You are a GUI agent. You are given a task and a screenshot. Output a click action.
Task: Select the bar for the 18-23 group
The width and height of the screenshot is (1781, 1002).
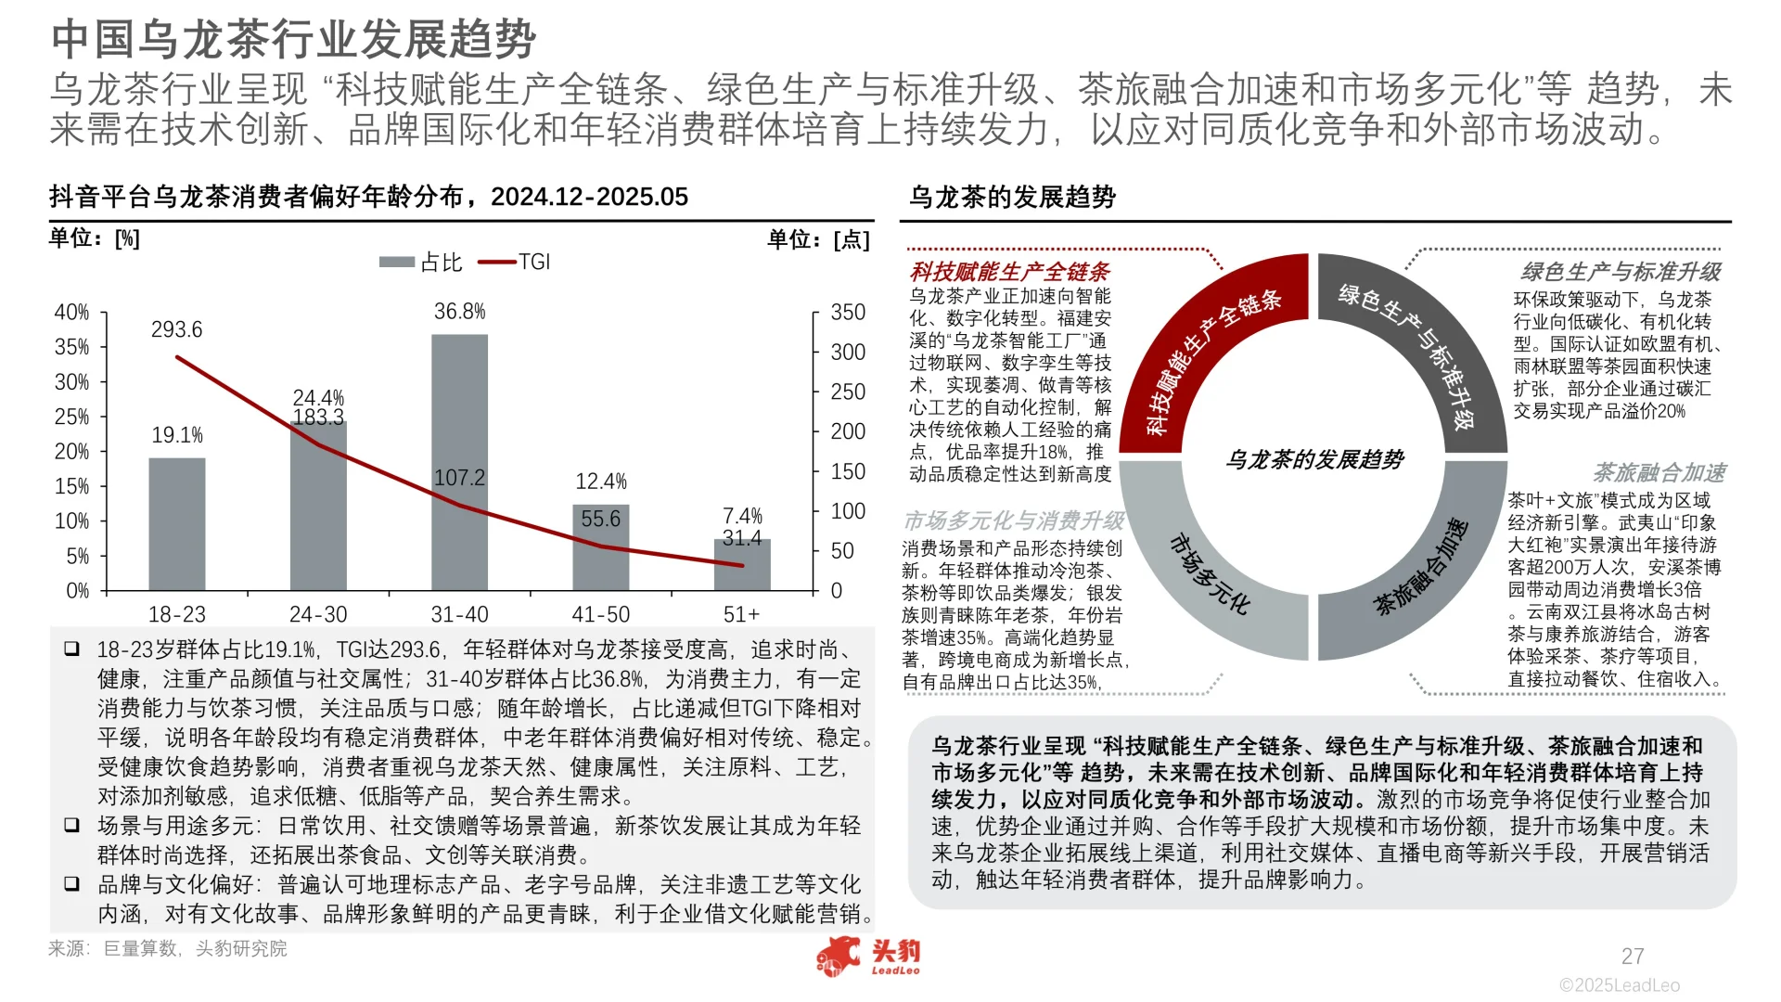[x=177, y=524]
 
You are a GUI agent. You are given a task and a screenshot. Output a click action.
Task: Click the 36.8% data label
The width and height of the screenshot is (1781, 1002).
[x=459, y=312]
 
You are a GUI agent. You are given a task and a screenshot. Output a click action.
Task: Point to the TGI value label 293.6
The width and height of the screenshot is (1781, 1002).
[x=176, y=329]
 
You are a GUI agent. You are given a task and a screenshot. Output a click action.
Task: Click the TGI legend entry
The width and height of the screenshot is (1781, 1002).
[x=515, y=263]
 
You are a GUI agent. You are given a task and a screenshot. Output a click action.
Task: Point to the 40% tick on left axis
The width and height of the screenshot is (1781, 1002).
[x=71, y=313]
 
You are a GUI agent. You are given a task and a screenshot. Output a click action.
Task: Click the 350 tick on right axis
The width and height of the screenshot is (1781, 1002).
[x=848, y=313]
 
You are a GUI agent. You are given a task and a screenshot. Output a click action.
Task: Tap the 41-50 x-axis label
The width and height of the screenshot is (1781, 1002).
[x=600, y=614]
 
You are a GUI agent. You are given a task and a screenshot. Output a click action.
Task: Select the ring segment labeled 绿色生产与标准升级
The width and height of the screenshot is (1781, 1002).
[x=1410, y=353]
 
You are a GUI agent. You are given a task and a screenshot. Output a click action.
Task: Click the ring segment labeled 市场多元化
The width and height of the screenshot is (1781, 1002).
[x=1206, y=575]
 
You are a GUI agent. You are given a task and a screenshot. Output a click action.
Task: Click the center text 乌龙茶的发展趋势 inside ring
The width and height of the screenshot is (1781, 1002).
[x=1314, y=459]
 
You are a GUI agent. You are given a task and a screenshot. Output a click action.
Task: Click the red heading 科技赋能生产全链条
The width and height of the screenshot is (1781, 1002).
[x=1009, y=272]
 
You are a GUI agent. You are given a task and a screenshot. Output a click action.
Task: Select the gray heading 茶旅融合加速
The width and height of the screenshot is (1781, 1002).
[x=1659, y=473]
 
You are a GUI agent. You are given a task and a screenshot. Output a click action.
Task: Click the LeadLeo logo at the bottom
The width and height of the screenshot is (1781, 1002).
[x=868, y=957]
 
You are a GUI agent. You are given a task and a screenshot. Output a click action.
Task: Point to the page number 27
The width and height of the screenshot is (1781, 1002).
[x=1633, y=956]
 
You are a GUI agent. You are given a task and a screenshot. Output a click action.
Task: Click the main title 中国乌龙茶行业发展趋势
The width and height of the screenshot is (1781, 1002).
[x=293, y=39]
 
